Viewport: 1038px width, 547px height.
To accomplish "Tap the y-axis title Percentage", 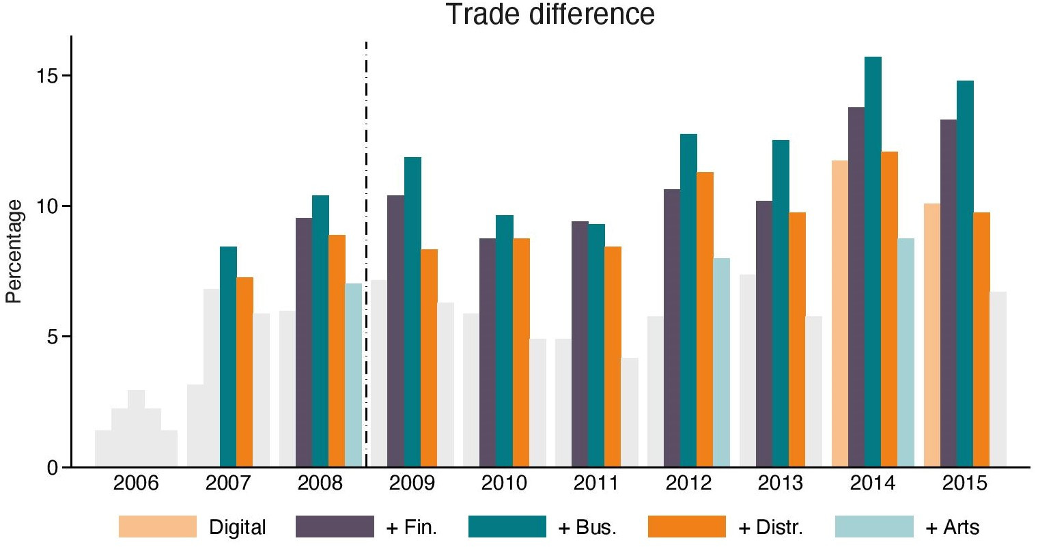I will point(14,251).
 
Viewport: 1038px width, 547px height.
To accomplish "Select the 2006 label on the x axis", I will point(136,483).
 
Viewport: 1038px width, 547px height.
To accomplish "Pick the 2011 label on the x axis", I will point(596,483).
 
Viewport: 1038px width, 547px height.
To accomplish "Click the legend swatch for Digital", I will point(157,527).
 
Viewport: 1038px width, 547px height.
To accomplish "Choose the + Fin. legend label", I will point(412,527).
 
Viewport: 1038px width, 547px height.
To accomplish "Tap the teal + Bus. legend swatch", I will point(507,527).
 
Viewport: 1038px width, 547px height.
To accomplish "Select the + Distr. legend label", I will point(770,527).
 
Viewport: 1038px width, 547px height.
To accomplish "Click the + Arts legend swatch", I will point(873,527).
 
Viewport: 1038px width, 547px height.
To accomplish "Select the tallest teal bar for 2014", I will point(873,262).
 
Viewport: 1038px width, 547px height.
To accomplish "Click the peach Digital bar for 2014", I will point(840,314).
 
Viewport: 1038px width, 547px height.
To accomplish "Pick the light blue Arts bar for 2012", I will point(721,363).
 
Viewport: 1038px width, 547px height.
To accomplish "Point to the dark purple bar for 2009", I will point(395,331).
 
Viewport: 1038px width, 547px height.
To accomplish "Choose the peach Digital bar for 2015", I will point(932,335).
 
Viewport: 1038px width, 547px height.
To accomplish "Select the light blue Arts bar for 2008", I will point(353,376).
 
